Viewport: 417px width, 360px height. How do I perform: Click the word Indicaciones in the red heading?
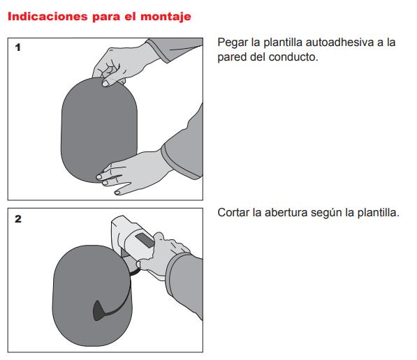coord(47,17)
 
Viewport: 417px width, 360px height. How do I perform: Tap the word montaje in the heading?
coord(166,17)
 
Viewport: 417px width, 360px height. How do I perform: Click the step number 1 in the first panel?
coord(18,47)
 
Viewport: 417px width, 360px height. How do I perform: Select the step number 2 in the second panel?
coord(18,219)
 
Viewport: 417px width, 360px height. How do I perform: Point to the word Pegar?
coord(233,43)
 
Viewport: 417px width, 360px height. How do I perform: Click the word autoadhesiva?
coord(339,43)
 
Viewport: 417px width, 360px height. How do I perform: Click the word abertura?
coord(286,213)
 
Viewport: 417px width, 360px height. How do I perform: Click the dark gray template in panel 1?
coord(99,130)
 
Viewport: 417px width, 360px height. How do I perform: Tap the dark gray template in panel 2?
coord(92,295)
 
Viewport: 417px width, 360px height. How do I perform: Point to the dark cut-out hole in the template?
coord(99,310)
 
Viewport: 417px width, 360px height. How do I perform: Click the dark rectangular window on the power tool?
coord(145,241)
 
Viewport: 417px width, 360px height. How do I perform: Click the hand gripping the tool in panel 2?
coord(163,255)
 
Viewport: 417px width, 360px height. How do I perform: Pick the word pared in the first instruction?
coord(232,57)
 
